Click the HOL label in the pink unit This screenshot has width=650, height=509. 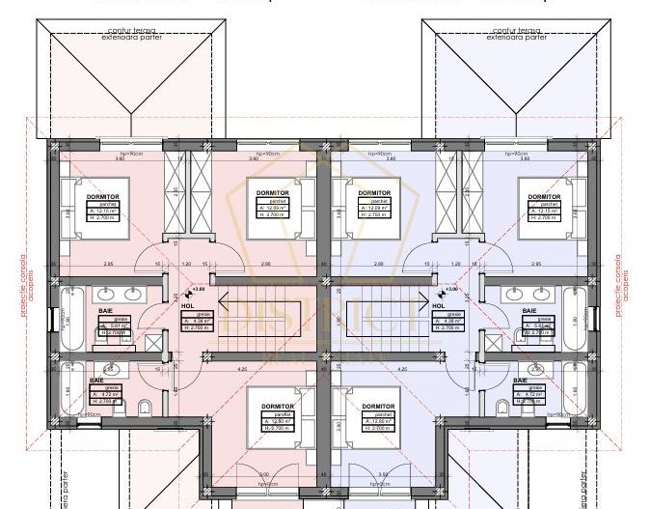coord(187,305)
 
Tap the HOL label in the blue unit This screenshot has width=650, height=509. coord(438,305)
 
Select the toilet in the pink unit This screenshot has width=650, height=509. coord(145,406)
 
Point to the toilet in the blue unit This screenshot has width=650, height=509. coord(504,406)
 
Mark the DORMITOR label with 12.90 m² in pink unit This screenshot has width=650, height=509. coord(274,407)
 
